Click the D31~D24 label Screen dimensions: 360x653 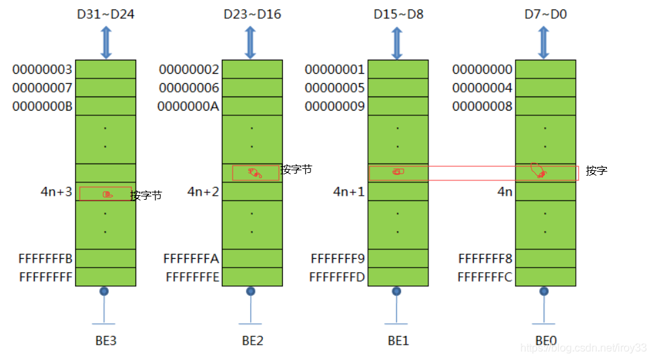(x=105, y=13)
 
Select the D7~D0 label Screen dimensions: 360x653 (x=544, y=13)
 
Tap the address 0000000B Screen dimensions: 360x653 (x=42, y=107)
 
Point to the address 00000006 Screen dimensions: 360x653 (x=189, y=88)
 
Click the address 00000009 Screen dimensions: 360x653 (x=335, y=107)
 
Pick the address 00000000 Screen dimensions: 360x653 (x=482, y=70)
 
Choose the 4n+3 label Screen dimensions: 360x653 (x=56, y=192)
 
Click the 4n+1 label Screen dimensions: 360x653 (x=349, y=192)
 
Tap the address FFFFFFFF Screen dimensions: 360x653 (x=46, y=277)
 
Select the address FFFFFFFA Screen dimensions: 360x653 (x=191, y=259)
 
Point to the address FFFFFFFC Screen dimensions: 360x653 (x=485, y=277)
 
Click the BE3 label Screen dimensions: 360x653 (x=105, y=341)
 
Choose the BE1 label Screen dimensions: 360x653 (x=398, y=341)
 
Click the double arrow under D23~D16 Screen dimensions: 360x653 (x=251, y=43)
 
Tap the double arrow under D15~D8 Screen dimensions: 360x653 (x=398, y=43)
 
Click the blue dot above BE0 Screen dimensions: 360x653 (x=544, y=292)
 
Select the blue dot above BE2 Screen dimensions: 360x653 (x=251, y=292)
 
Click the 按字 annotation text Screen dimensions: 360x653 (x=596, y=171)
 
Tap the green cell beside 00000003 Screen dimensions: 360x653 (x=105, y=70)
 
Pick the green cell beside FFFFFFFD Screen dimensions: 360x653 (x=398, y=277)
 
